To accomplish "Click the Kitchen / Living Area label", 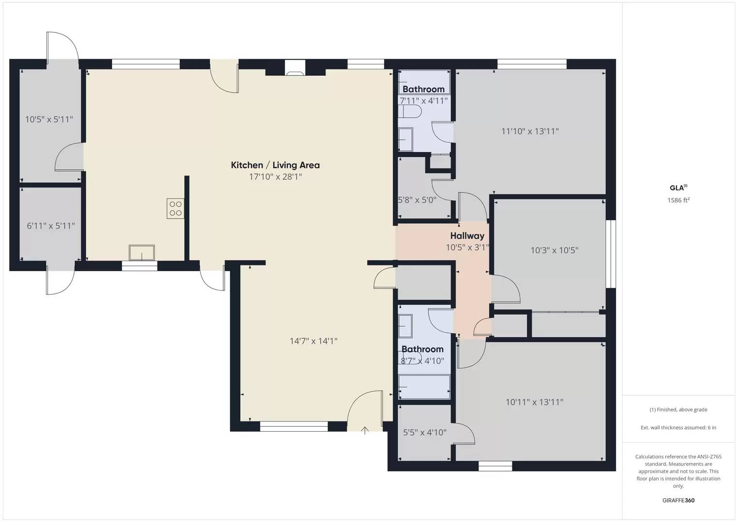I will [275, 165].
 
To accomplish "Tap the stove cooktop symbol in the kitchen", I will [175, 208].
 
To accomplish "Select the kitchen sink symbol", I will [142, 253].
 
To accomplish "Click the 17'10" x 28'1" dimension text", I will [275, 177].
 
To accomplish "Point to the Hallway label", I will [467, 236].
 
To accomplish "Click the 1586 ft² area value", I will [678, 200].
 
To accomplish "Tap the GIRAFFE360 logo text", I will [678, 500].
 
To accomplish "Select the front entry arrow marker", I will [365, 430].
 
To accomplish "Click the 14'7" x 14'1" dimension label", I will [313, 341].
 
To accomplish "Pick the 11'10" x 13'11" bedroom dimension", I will [530, 131].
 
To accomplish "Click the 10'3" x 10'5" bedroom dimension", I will [554, 250].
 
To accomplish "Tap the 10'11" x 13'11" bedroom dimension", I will [534, 402].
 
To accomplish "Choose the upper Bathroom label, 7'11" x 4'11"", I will [423, 89].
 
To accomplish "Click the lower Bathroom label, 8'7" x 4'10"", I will [422, 349].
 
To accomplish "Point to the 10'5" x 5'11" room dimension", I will [49, 119].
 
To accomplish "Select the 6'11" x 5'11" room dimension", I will [50, 226].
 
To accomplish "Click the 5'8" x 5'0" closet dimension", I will [417, 200].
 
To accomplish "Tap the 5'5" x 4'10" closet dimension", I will [424, 433].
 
